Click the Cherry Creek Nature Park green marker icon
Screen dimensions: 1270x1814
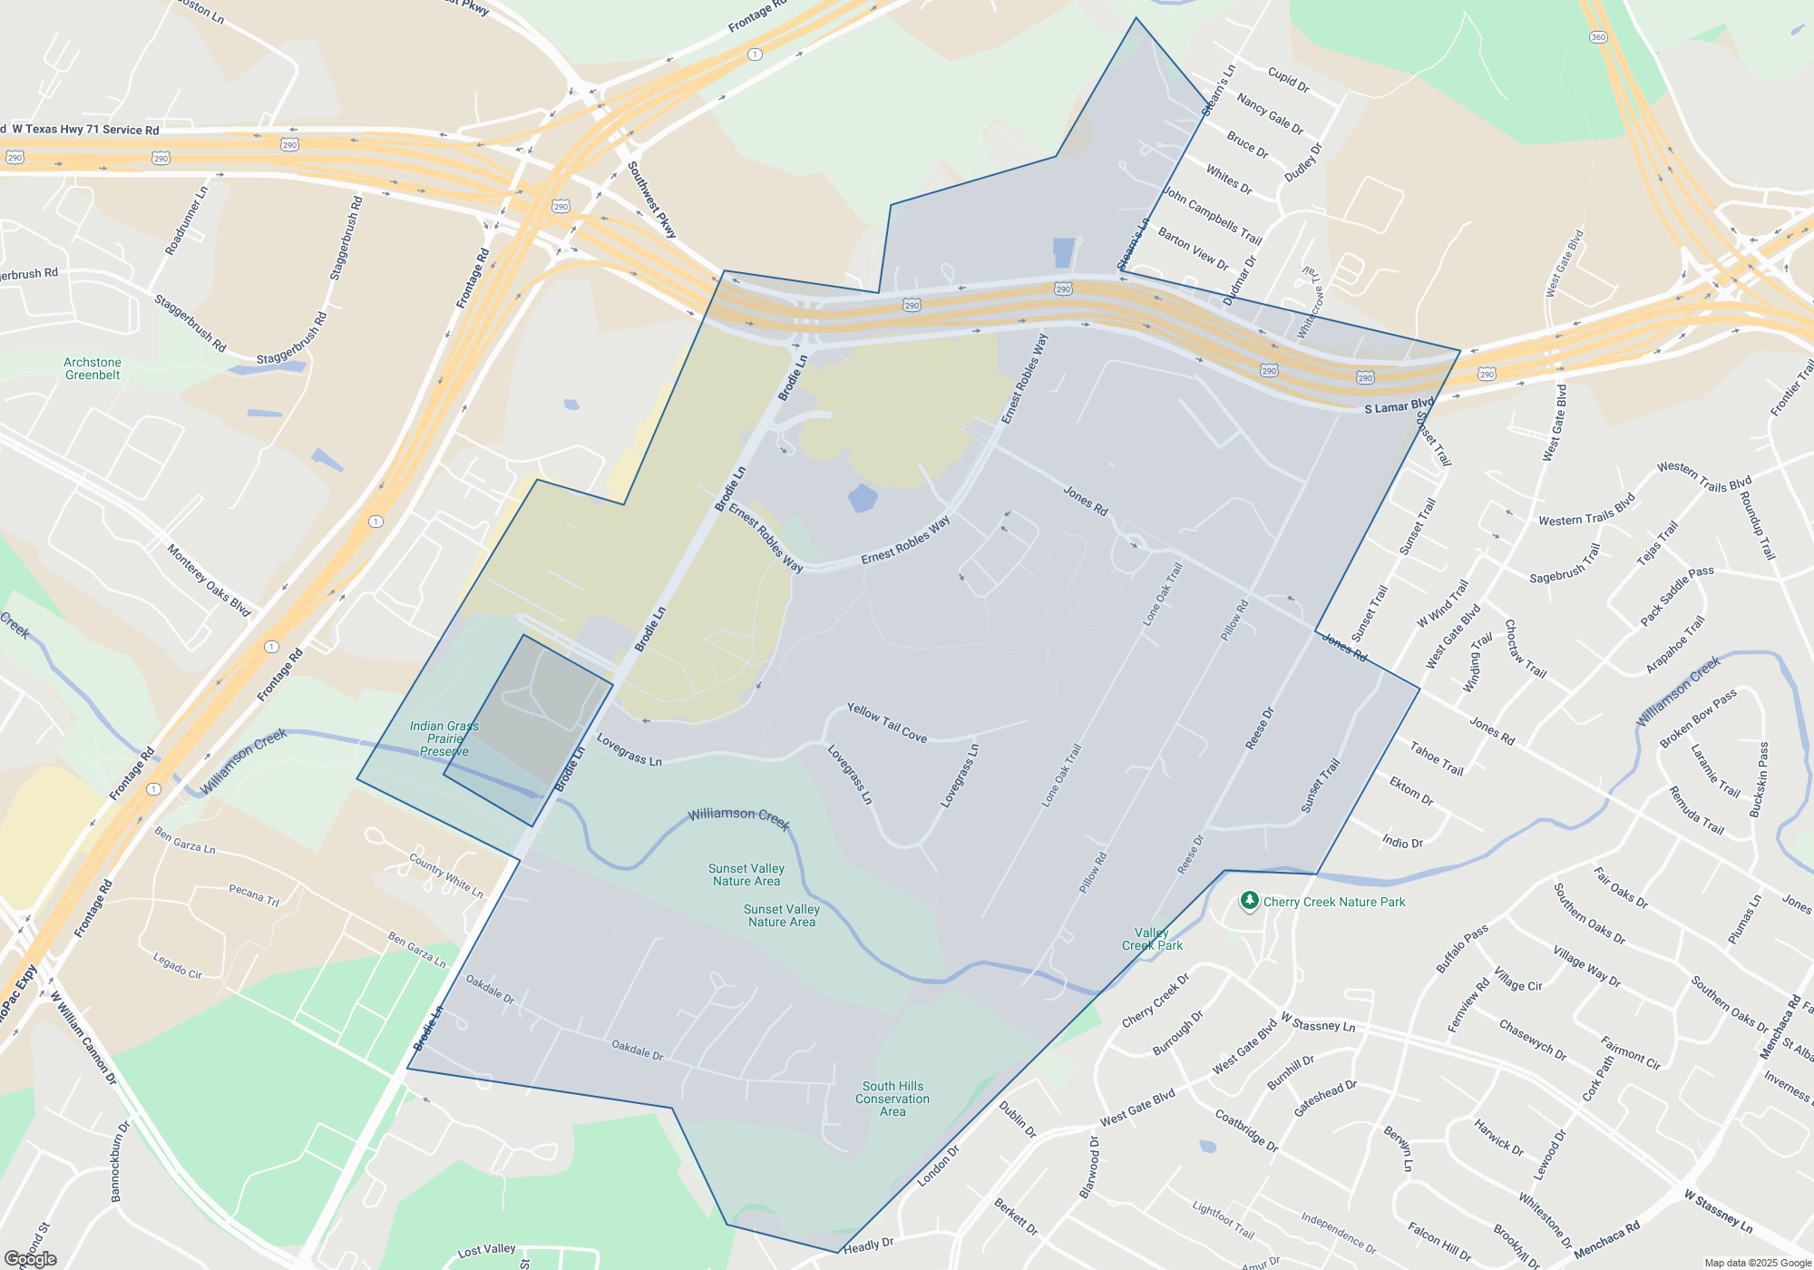[1249, 901]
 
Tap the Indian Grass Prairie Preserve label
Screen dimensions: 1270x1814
[444, 738]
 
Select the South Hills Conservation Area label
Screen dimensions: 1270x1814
[892, 1099]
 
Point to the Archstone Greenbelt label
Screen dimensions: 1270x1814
[93, 368]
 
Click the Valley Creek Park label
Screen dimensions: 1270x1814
[1152, 939]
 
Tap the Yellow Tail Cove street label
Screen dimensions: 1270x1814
[887, 723]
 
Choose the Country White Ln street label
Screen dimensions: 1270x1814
[446, 875]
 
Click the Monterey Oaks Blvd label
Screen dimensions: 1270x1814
[209, 581]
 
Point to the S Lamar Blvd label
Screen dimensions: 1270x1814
[1399, 405]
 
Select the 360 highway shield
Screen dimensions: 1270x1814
[1598, 37]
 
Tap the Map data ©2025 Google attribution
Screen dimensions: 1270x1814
[1758, 1263]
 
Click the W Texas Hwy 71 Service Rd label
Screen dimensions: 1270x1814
[85, 130]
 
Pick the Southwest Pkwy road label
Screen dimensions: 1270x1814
[652, 200]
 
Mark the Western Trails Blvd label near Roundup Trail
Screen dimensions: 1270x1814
[1703, 477]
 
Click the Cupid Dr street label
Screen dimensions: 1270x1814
[1288, 80]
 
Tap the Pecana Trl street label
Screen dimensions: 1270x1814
[254, 894]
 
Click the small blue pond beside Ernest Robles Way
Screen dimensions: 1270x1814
[863, 497]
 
